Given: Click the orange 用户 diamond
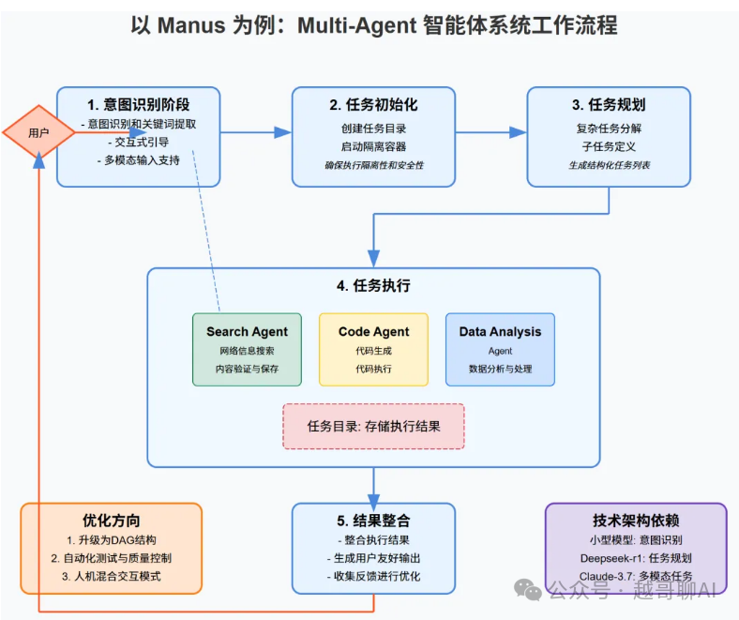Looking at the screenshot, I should pos(38,132).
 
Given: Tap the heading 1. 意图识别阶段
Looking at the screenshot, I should pos(139,104).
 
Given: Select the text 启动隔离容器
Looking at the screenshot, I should pos(373,146).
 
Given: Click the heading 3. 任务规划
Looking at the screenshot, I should pos(609,104).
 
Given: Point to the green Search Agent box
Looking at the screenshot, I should pos(247,349).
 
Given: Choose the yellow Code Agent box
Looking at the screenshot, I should pos(373,349).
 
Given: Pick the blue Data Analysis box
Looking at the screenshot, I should pos(500,349).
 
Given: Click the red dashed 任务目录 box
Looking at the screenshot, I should pos(373,426).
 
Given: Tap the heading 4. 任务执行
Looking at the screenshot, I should pos(373,285).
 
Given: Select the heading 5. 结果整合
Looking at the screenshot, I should pos(373,520).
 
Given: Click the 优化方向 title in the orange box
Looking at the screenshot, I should pos(112,520).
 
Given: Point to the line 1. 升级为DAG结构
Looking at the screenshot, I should pos(112,540).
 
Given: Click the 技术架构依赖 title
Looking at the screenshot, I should pos(636,520).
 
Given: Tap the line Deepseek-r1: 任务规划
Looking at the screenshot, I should pos(636,557).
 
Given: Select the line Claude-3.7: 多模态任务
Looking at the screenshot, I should pos(636,575).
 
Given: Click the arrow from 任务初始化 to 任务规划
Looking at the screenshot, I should pos(490,132).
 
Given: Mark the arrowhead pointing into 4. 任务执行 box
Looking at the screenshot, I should pos(373,258).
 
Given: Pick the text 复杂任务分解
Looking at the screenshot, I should pos(609,128).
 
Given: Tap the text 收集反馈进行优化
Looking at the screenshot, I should pos(373,576).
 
